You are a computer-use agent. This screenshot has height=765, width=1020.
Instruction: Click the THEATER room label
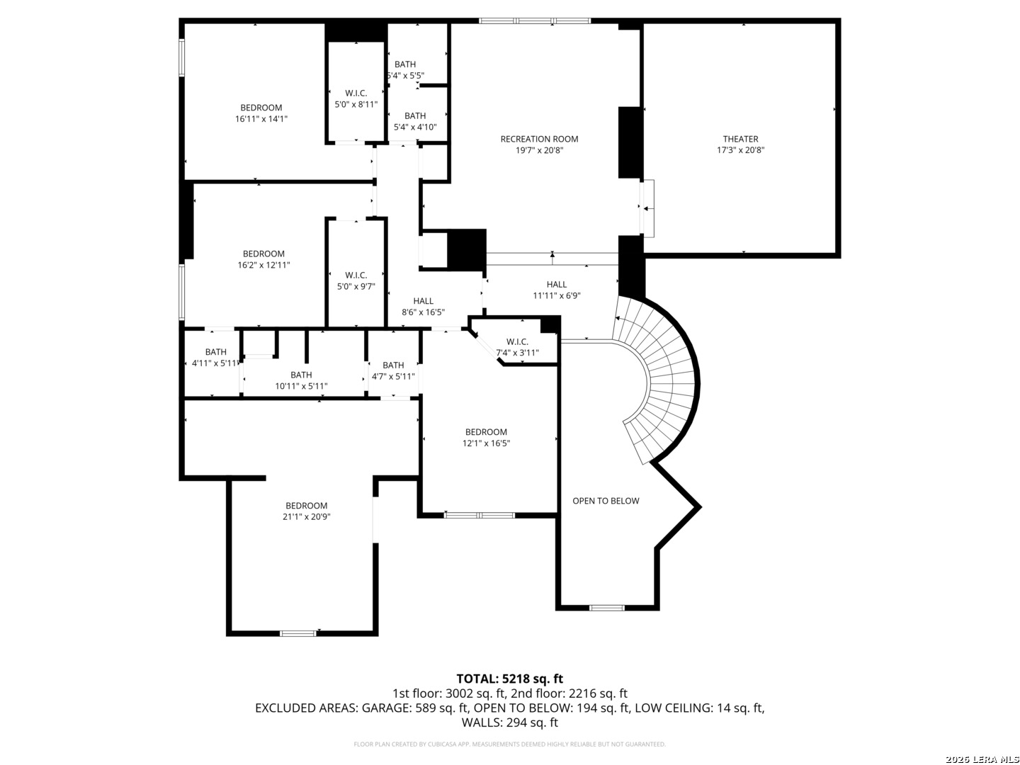pyautogui.click(x=740, y=139)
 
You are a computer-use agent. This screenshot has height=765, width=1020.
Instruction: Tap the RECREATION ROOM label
pyautogui.click(x=539, y=139)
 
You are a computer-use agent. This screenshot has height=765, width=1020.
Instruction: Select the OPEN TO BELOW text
pyautogui.click(x=606, y=501)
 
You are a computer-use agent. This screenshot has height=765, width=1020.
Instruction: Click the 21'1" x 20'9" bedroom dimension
pyautogui.click(x=306, y=516)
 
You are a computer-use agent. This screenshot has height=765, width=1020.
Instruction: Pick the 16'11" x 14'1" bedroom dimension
pyautogui.click(x=261, y=118)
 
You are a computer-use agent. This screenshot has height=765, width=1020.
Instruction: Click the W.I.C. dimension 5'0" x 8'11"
pyautogui.click(x=356, y=104)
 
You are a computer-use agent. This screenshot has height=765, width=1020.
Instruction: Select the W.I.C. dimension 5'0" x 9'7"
pyautogui.click(x=356, y=286)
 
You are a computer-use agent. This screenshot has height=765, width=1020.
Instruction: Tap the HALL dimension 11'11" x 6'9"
pyautogui.click(x=557, y=295)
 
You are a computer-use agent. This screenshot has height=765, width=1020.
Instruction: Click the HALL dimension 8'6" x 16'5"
pyautogui.click(x=423, y=312)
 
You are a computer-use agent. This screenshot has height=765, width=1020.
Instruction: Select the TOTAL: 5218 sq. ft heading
pyautogui.click(x=510, y=679)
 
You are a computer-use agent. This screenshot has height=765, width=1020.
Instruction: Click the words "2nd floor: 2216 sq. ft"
pyautogui.click(x=569, y=693)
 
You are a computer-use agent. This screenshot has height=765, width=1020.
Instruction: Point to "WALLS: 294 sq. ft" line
pyautogui.click(x=510, y=722)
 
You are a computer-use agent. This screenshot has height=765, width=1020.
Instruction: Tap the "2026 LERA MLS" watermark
pyautogui.click(x=982, y=759)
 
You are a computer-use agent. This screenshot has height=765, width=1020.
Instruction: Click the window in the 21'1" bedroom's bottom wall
pyautogui.click(x=298, y=633)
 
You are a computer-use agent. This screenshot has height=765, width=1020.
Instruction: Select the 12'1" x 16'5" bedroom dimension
pyautogui.click(x=486, y=443)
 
